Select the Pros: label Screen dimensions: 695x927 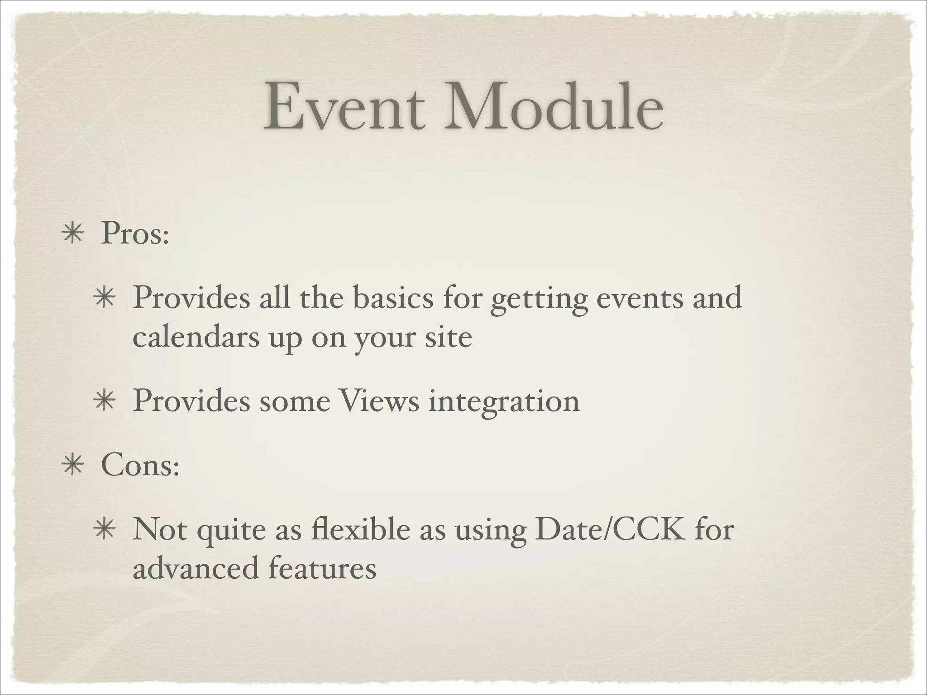click(135, 234)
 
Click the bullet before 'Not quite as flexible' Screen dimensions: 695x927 click(105, 530)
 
